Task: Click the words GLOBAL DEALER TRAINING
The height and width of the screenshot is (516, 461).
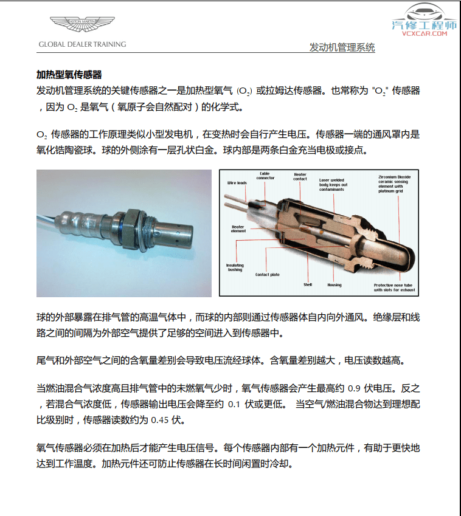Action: click(x=82, y=44)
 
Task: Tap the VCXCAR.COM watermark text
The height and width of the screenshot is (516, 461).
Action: click(x=424, y=33)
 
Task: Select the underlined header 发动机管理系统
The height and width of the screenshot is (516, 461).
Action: click(x=342, y=47)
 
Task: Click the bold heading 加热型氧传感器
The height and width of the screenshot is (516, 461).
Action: click(x=69, y=75)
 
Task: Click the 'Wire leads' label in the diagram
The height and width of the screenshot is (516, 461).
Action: click(x=237, y=183)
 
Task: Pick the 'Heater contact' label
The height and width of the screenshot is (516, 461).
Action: click(x=300, y=177)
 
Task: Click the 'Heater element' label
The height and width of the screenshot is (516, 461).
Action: click(x=238, y=229)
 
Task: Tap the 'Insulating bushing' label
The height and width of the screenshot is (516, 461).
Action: click(x=235, y=267)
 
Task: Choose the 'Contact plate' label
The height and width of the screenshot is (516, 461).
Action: click(x=268, y=275)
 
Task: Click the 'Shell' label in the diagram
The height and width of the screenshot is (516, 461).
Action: click(x=308, y=284)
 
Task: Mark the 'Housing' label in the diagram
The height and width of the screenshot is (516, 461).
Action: click(x=334, y=284)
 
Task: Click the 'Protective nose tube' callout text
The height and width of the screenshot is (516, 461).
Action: click(x=393, y=287)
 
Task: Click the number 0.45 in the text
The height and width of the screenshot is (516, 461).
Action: click(x=159, y=420)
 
